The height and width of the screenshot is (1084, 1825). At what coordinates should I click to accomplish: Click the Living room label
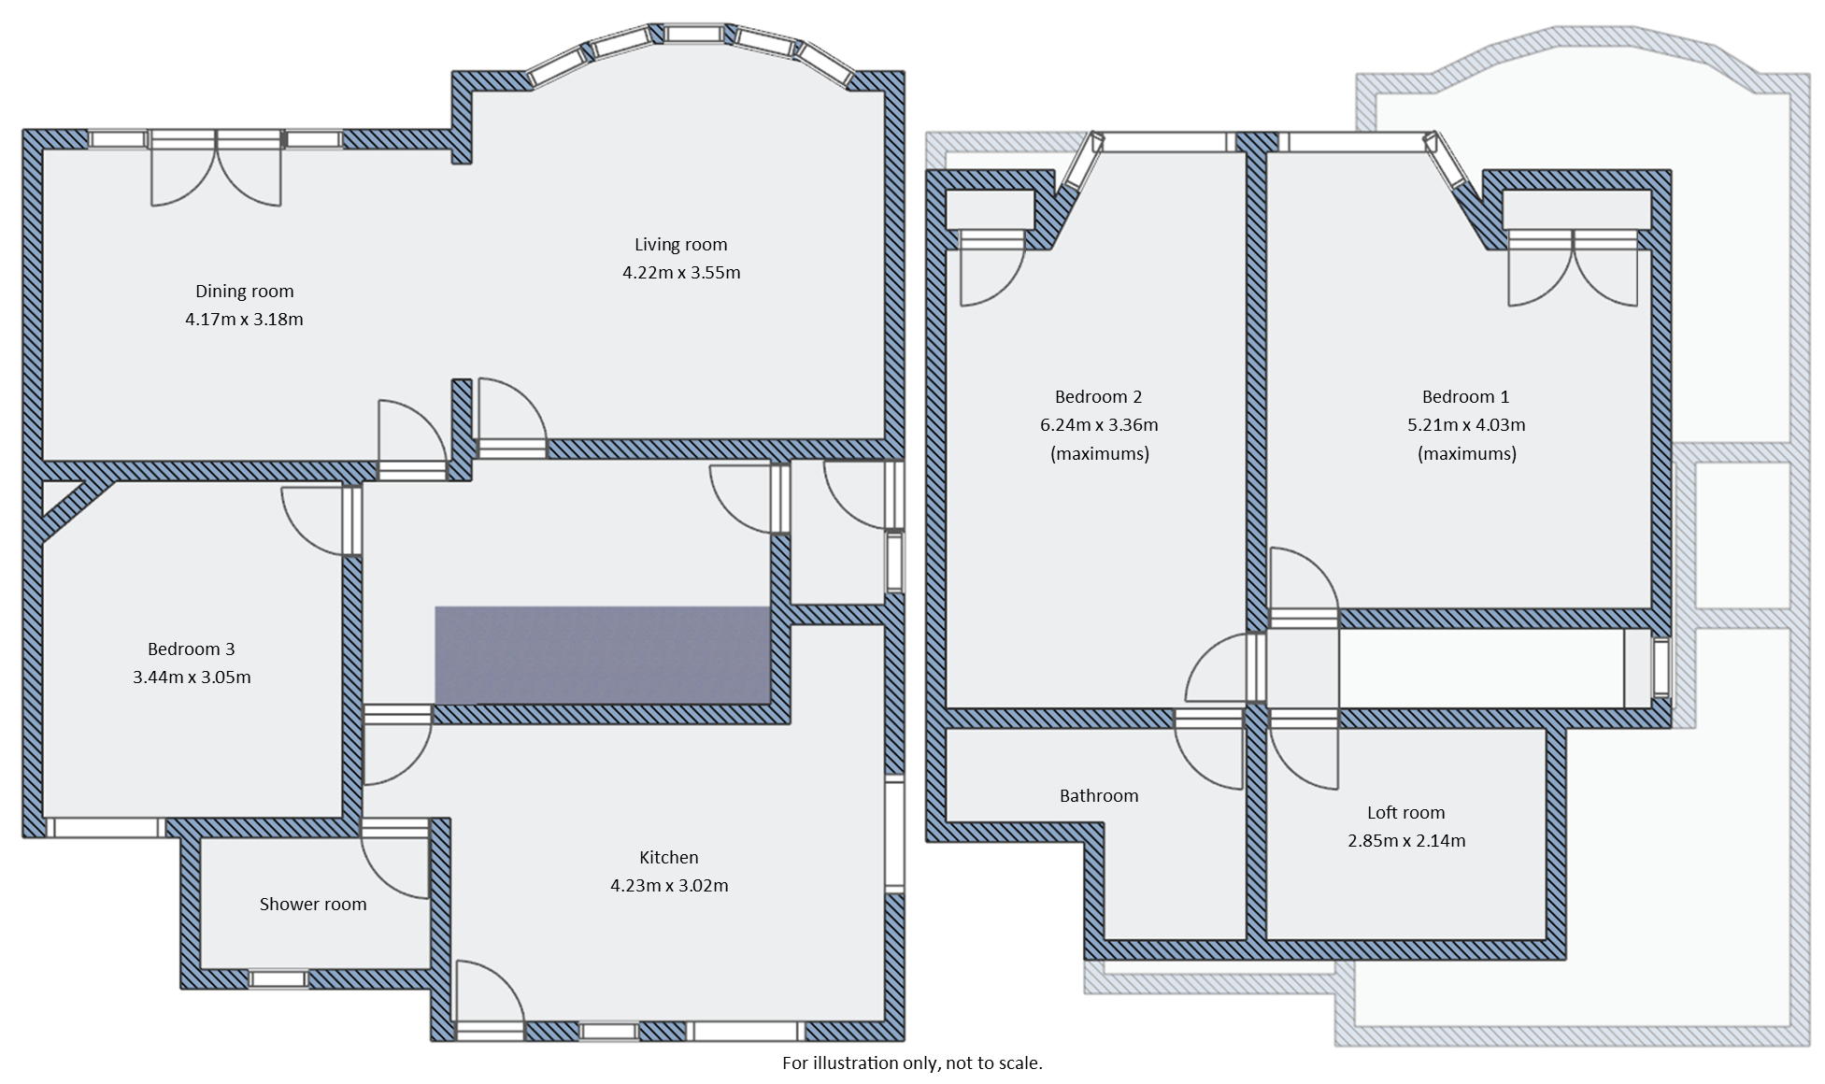click(680, 245)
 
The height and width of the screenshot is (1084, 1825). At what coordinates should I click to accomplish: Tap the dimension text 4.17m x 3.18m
click(244, 320)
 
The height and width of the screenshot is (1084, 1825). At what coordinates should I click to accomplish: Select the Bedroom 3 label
click(191, 649)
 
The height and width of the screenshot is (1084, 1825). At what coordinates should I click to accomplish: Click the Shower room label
click(313, 904)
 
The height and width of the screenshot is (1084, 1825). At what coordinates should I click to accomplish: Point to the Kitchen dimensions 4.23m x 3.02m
click(669, 886)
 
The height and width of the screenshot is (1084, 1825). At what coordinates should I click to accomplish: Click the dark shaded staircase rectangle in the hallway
click(603, 655)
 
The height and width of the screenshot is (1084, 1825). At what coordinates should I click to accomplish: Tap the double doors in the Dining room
click(216, 168)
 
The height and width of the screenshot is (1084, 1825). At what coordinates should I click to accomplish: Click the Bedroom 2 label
click(1098, 396)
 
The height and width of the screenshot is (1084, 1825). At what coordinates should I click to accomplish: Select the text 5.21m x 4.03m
click(1466, 425)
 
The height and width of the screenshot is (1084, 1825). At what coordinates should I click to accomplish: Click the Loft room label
click(1405, 813)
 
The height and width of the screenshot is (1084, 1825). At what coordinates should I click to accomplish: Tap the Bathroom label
click(1099, 796)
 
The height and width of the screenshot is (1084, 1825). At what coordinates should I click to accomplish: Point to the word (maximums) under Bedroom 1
click(1466, 454)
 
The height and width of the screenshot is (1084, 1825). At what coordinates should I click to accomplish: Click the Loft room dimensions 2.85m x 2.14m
click(1405, 841)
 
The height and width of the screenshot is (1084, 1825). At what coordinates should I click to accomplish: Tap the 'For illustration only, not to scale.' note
click(912, 1063)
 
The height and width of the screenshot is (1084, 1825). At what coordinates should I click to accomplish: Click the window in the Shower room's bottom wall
click(278, 978)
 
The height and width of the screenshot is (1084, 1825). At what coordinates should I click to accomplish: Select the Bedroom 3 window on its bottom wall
click(105, 828)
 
